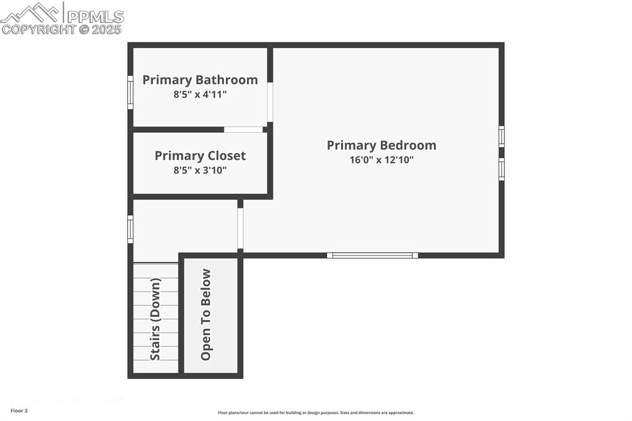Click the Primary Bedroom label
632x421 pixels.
tap(381, 145)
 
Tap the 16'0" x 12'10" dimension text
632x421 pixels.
tap(381, 160)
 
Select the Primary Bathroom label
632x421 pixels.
tap(200, 80)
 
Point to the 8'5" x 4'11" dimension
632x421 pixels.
tap(200, 94)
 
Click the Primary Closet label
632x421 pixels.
tap(200, 156)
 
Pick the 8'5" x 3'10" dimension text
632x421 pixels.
tap(200, 170)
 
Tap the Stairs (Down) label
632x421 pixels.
tap(156, 319)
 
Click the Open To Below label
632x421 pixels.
tap(206, 315)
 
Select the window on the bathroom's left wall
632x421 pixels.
tap(130, 93)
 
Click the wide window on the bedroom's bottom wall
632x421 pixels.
tap(372, 255)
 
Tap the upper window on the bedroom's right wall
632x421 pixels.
tap(501, 136)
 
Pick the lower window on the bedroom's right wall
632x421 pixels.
tap(501, 169)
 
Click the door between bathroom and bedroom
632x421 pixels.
tap(270, 102)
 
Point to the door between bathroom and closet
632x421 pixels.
tap(243, 130)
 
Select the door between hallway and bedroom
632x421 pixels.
tap(240, 228)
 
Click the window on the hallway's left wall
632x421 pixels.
tap(130, 228)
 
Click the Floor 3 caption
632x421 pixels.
tap(19, 411)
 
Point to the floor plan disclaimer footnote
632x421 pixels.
tap(315, 412)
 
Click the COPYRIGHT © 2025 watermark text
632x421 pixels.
tap(62, 29)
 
